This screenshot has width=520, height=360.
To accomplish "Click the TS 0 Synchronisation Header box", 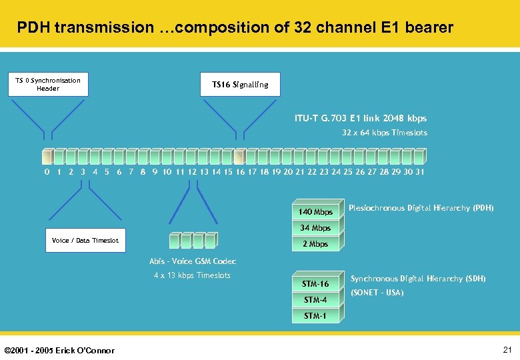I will [48, 84].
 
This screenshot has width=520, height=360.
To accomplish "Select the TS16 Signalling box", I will [240, 85].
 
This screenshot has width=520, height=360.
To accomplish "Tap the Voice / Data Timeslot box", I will [85, 241].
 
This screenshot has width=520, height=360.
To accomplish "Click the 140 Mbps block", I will [315, 212].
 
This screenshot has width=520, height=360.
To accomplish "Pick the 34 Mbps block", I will [315, 228].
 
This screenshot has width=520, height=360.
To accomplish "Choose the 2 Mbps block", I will [315, 244].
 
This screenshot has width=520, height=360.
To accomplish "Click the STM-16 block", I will [315, 284].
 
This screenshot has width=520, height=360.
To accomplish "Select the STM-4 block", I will [315, 300].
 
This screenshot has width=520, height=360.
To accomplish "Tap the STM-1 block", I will [315, 316].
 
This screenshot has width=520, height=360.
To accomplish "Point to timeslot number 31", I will [419, 172].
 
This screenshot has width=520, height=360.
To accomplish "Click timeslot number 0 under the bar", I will [47, 172].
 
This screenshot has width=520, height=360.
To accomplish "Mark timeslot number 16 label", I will [240, 172].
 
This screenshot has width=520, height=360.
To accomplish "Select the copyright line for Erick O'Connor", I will [59, 351].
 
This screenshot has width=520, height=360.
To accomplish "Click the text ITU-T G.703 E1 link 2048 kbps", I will [361, 119].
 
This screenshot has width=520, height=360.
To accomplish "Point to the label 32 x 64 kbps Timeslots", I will [385, 133].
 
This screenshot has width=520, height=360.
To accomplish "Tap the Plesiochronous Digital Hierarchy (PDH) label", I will [421, 208].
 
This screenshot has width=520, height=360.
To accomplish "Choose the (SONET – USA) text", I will [377, 293].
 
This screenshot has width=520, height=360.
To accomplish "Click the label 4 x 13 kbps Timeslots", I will [192, 275].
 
